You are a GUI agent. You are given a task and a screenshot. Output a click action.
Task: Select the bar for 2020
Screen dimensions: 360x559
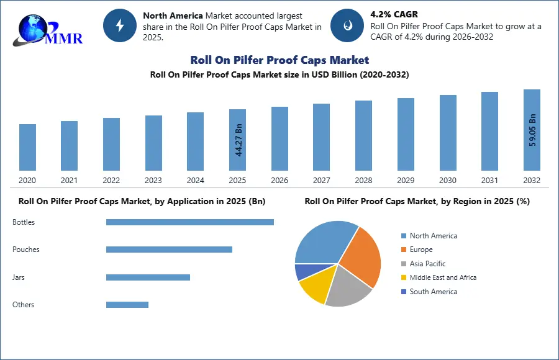coord(27,147)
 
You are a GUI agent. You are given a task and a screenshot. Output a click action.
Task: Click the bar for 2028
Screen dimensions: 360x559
coord(363,135)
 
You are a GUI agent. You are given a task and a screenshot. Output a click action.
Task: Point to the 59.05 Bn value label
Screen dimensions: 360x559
coord(532,129)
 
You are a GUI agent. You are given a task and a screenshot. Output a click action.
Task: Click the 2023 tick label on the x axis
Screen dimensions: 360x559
coord(153,181)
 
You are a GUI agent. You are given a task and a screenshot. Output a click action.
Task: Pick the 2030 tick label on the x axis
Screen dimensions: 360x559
coord(448,181)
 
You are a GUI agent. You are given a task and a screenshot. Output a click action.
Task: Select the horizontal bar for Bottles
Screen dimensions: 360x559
coord(189,222)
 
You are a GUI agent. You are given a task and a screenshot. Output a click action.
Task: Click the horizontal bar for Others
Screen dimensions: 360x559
coord(127,305)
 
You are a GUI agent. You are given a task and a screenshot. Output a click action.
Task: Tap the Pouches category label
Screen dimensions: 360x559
coord(26,250)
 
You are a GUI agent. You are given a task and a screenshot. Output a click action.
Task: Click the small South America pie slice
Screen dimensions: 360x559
coord(304,271)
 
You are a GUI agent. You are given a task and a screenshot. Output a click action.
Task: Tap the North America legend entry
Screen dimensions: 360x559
coord(433,236)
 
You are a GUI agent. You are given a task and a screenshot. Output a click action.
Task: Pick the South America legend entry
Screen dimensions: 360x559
coord(433,292)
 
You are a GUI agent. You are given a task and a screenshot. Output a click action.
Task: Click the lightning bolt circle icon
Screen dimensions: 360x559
coord(119,25)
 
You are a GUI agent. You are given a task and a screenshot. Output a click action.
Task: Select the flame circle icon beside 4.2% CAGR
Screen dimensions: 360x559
coord(347,25)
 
